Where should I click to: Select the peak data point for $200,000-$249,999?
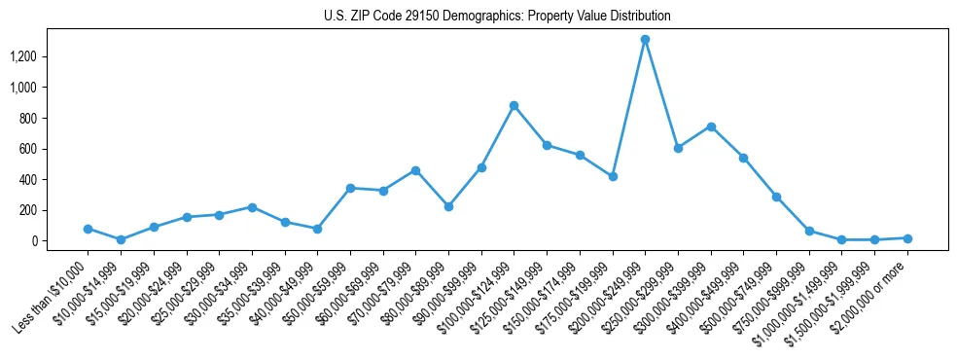coord(645,39)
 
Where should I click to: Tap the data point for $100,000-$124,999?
coord(514,105)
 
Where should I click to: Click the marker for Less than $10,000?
coord(88,229)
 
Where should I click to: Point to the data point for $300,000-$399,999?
coord(711,126)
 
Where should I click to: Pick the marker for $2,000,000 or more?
coord(907,238)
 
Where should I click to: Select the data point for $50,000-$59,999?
coord(350,188)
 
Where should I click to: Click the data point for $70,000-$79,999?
coord(415,170)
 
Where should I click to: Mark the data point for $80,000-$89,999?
coord(448,206)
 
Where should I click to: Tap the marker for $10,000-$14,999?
coord(121,239)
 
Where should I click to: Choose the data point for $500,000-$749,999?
coord(776,197)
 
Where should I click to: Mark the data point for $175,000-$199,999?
coord(612,176)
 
